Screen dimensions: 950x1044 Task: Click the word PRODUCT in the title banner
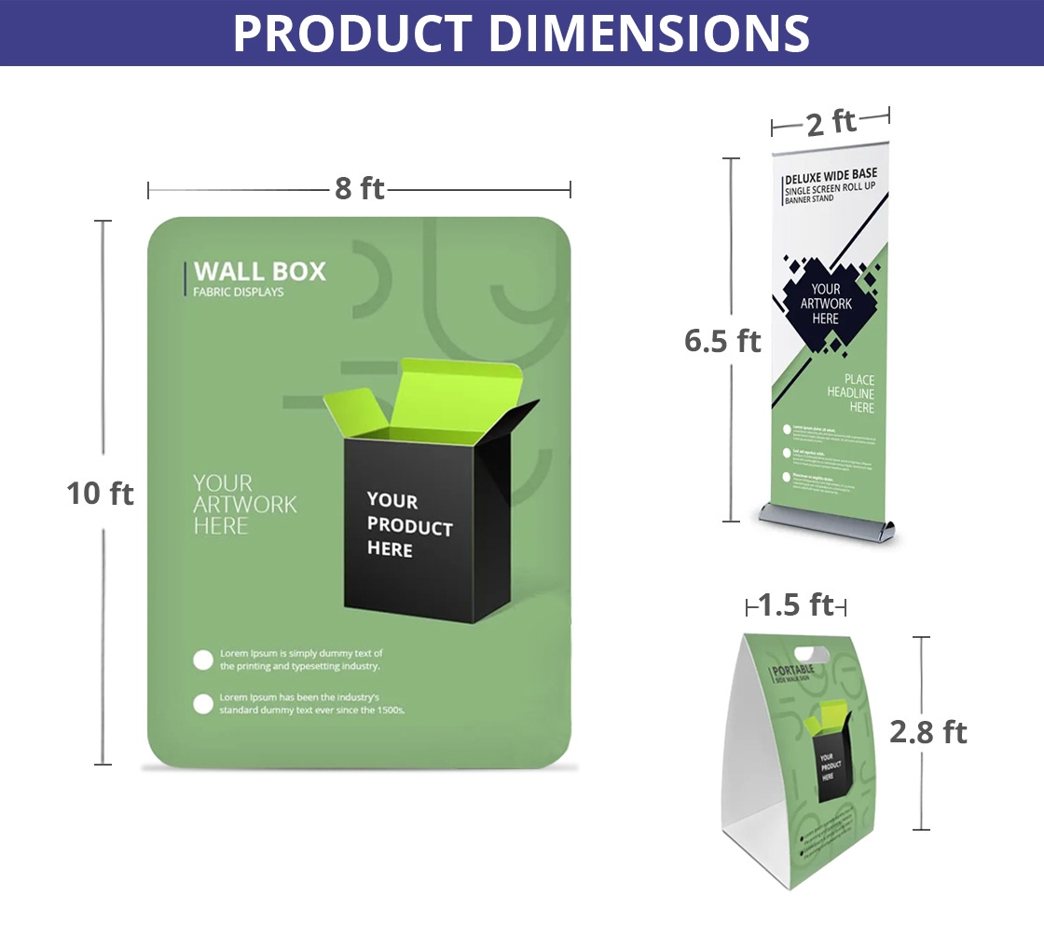click(x=351, y=34)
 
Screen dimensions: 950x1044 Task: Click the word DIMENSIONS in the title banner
click(x=649, y=34)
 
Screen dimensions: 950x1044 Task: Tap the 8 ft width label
click(x=360, y=189)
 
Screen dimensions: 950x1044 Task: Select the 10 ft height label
click(x=100, y=493)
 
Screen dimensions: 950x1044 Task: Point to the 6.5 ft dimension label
click(x=722, y=341)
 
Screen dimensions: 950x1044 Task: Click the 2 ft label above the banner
click(x=831, y=121)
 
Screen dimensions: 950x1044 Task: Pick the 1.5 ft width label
click(x=795, y=605)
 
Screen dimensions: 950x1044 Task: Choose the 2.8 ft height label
click(x=927, y=732)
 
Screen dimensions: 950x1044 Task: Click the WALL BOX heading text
click(x=260, y=272)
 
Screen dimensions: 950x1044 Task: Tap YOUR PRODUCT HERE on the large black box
click(x=408, y=526)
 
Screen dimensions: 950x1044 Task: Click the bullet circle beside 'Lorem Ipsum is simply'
click(x=203, y=660)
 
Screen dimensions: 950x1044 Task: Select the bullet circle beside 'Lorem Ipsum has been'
click(x=203, y=704)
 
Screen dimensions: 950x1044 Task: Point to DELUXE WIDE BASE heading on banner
click(x=830, y=175)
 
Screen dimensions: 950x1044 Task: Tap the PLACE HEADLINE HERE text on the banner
click(x=850, y=393)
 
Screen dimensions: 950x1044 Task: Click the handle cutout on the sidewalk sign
click(x=812, y=649)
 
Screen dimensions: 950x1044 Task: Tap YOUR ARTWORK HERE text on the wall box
click(x=244, y=505)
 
